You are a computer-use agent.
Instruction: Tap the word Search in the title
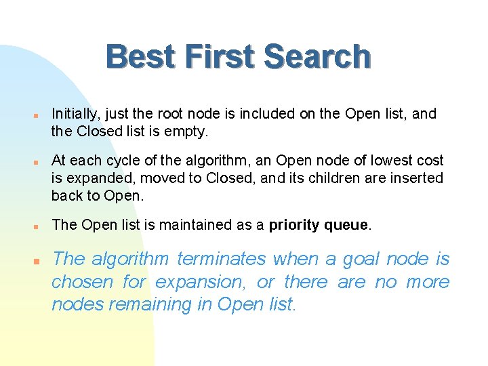tap(318, 57)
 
